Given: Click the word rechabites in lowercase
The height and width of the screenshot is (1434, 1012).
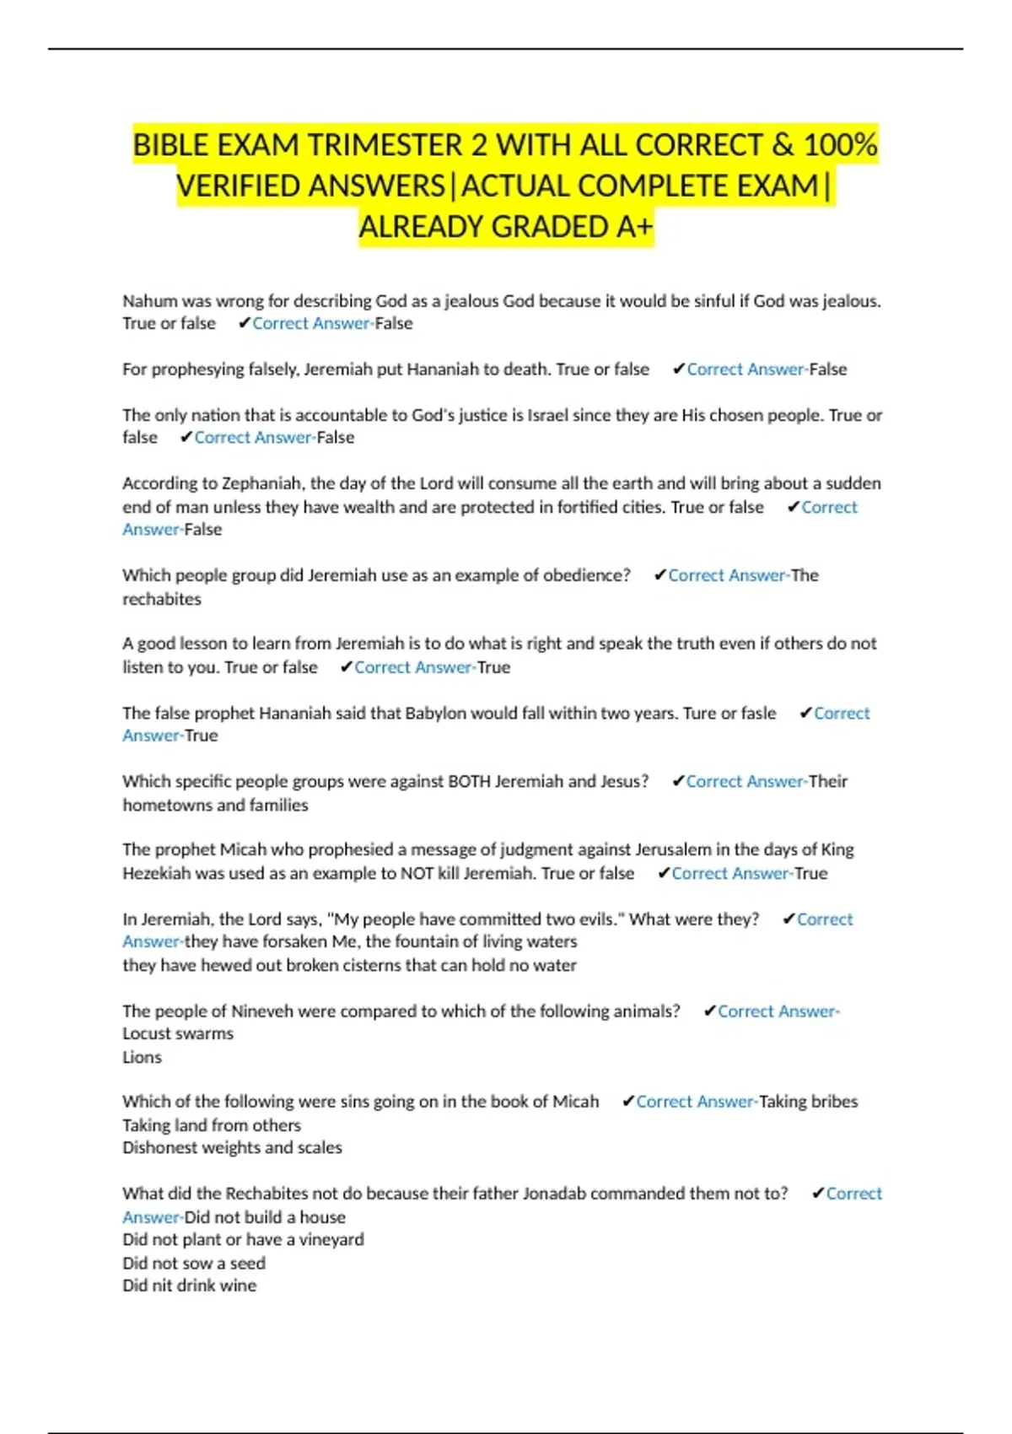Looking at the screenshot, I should coord(162,599).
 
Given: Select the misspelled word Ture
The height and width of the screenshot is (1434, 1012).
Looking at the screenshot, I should coord(699,713).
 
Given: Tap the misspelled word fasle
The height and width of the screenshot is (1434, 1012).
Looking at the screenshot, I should coord(758,713).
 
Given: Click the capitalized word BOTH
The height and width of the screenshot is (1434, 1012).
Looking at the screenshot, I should coord(469,781).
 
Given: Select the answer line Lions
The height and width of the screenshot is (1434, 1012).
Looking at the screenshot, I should coord(142,1057).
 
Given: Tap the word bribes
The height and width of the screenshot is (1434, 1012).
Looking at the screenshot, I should coord(833,1102).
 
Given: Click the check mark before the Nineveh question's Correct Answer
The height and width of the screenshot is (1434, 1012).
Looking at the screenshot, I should coord(709,1011).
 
